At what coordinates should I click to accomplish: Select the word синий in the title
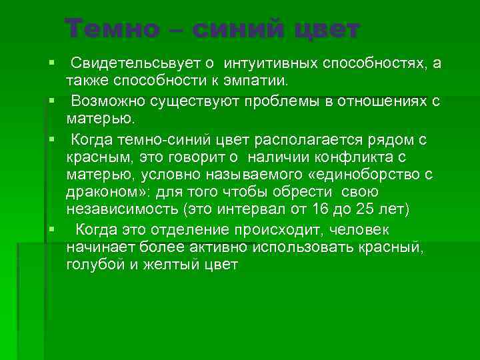[235, 29]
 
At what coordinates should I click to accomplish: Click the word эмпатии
[258, 81]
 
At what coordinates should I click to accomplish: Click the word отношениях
[390, 101]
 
